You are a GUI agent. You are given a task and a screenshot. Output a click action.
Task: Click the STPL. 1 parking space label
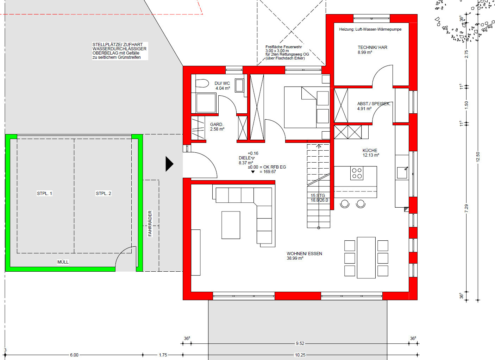(x=44, y=194)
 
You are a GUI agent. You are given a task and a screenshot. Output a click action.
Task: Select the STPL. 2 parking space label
(x=104, y=194)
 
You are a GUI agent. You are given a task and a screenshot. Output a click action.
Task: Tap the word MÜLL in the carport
(x=63, y=262)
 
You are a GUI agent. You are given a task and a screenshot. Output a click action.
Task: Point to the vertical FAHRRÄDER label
(x=150, y=223)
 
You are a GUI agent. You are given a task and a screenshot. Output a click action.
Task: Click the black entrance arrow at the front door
(x=169, y=164)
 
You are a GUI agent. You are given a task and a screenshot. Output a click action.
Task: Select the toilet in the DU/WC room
(x=202, y=83)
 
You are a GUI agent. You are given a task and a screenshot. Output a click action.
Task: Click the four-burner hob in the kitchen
(x=357, y=173)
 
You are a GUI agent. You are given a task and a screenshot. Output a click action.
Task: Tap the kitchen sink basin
(x=402, y=173)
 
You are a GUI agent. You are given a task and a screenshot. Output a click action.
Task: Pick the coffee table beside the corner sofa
(x=231, y=225)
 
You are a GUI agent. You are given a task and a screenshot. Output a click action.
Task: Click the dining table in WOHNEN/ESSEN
(x=366, y=258)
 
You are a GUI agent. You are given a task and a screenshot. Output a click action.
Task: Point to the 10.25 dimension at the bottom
(x=300, y=355)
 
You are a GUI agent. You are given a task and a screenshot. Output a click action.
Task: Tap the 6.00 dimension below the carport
(x=74, y=355)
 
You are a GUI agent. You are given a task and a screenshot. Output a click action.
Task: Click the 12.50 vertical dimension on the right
(x=478, y=157)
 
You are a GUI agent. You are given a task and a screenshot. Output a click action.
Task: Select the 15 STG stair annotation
(x=318, y=195)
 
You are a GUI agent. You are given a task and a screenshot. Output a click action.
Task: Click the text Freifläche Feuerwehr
(x=283, y=47)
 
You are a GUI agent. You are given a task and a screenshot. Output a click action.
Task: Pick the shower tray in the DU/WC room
(x=206, y=103)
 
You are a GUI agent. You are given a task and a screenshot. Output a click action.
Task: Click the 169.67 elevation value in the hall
(x=270, y=172)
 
